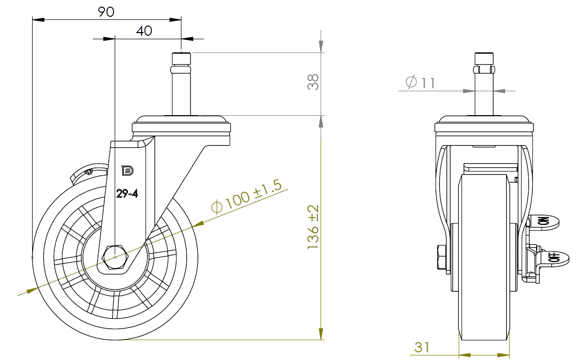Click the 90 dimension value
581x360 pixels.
click(x=106, y=11)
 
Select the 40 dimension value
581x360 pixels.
click(x=144, y=31)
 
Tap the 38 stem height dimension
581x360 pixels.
click(x=313, y=82)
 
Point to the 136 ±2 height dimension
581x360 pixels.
click(x=313, y=227)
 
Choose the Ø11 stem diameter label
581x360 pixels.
click(x=420, y=82)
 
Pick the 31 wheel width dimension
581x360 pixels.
click(x=421, y=347)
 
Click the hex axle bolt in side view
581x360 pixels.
click(x=115, y=256)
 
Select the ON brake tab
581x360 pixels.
click(x=544, y=221)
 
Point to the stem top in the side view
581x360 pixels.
click(x=181, y=57)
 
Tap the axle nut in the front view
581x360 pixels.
click(x=441, y=258)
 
